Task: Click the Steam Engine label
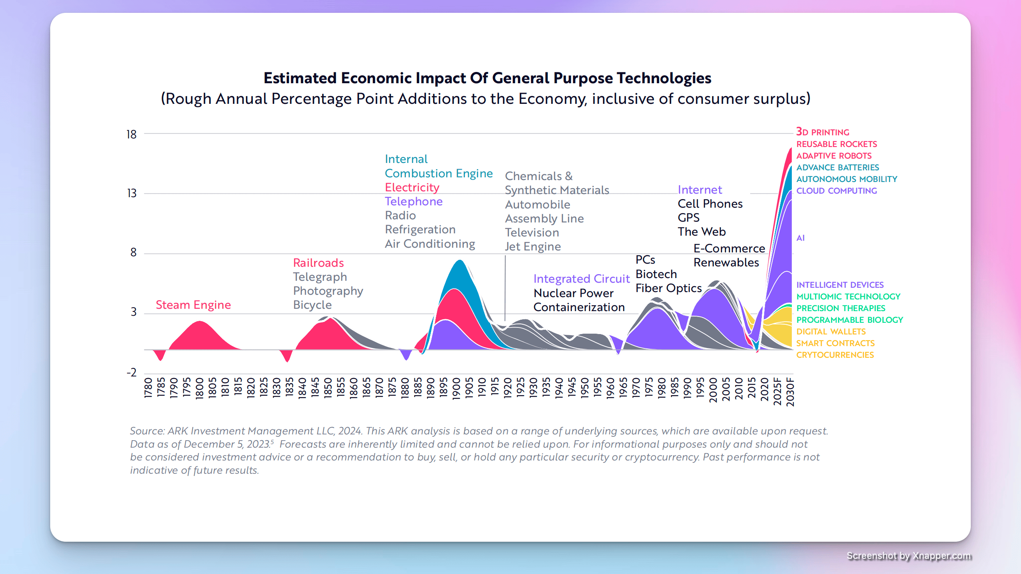(193, 304)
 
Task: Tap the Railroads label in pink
(318, 262)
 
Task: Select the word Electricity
(412, 187)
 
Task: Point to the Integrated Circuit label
(581, 279)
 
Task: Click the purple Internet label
(700, 190)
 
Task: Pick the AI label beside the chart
(800, 238)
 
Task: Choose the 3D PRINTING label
(823, 132)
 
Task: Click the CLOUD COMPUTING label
(836, 191)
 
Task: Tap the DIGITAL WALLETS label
(831, 332)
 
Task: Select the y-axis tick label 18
(131, 135)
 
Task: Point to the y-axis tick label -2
(131, 373)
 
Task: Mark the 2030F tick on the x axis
(790, 392)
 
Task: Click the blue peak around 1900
(460, 273)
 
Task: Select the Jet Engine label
(532, 247)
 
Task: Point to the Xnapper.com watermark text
(942, 556)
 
